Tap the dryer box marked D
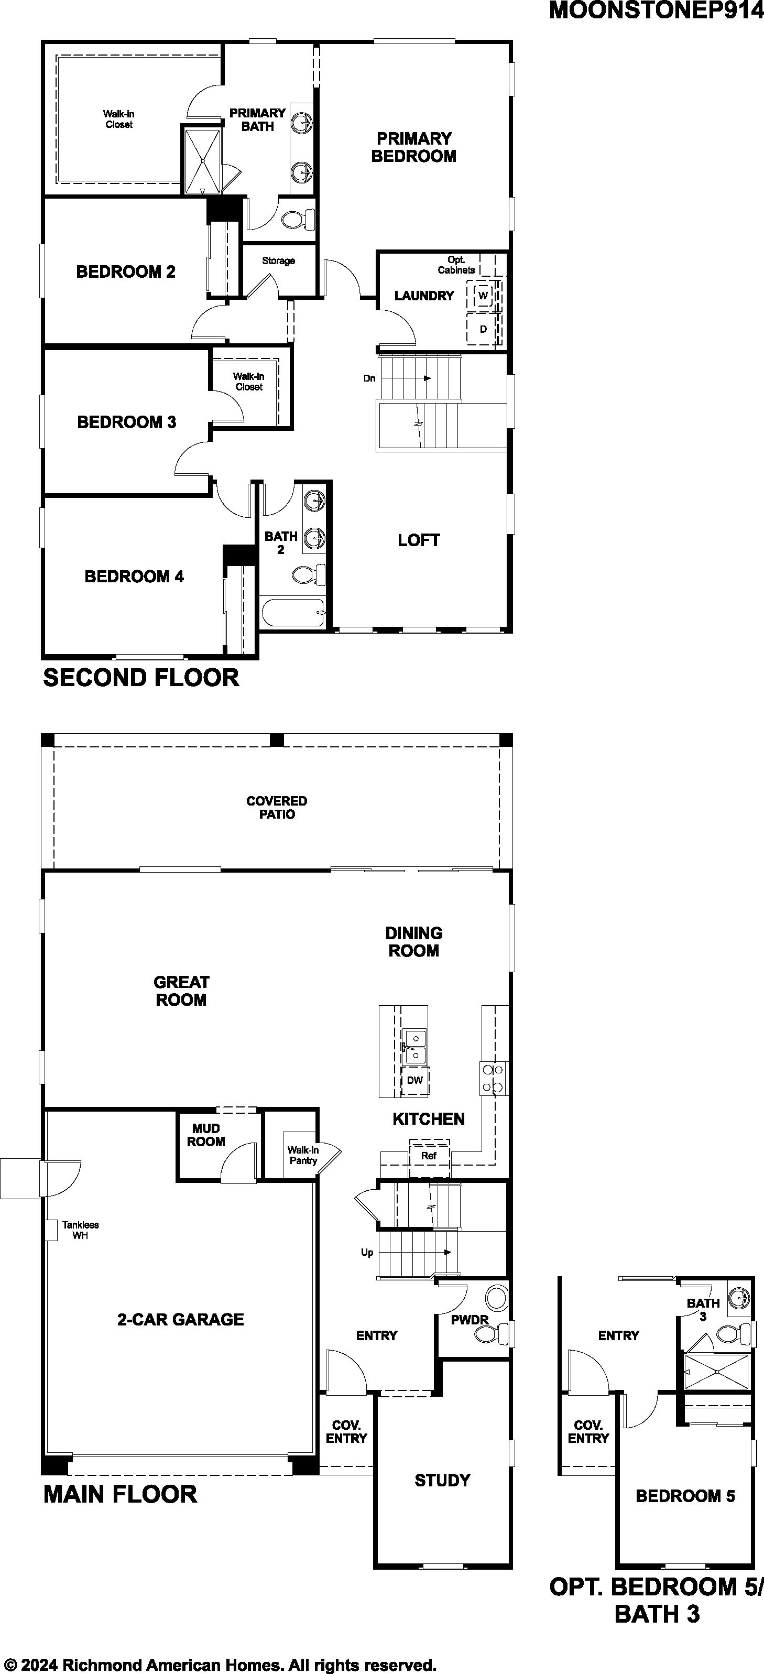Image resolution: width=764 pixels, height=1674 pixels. pos(483,329)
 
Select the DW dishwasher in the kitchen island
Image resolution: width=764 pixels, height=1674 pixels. pos(415,1080)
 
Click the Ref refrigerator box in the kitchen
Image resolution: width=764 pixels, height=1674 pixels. pos(429,1156)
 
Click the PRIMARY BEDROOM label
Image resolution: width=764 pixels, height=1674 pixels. pos(414,147)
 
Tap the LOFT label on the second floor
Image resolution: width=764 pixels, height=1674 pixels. pos(419,540)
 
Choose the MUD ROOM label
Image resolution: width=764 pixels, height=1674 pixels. pos(206,1135)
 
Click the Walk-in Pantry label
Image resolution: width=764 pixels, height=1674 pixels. pos(303,1156)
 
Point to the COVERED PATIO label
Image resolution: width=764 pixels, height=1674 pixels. pos(277,808)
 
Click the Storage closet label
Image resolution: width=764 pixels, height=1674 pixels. pos(279,260)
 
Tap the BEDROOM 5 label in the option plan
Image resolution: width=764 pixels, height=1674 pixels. pos(685,1496)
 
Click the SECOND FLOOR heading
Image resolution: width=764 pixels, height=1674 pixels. pos(141,678)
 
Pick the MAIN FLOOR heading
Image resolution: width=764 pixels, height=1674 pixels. pos(120,1494)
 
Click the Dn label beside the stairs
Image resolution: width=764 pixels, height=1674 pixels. pos(369,378)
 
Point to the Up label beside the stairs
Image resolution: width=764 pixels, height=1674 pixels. pos(367,1252)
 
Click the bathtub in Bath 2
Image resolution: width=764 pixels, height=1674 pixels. pos(292,613)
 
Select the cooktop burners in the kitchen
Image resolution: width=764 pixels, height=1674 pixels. pos(494,1078)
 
